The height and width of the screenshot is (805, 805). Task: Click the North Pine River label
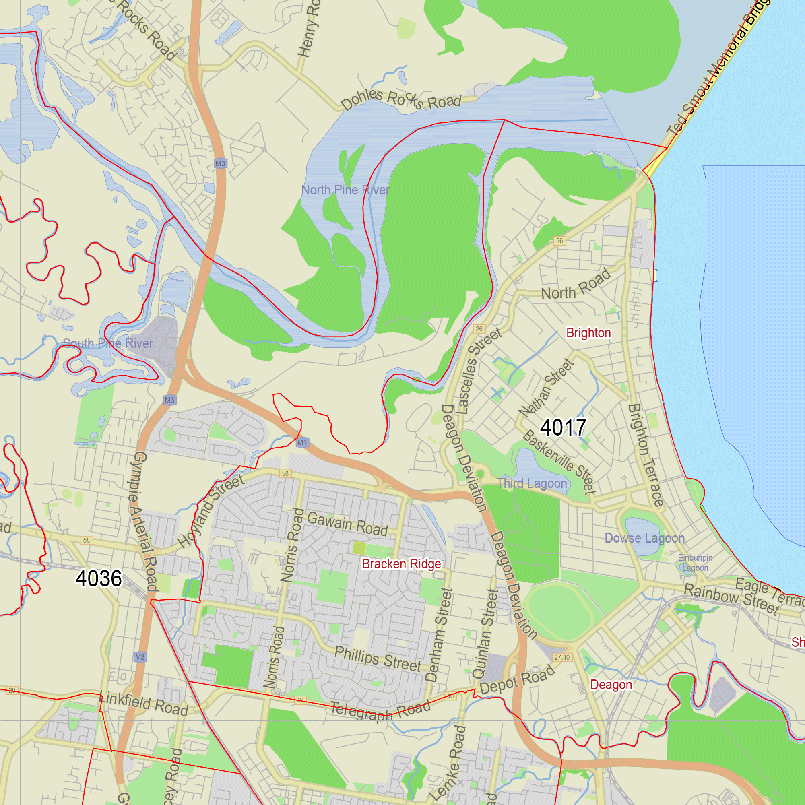pyautogui.click(x=345, y=190)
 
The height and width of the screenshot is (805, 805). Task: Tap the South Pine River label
pyautogui.click(x=108, y=343)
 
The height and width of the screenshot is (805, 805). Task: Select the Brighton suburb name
pyautogui.click(x=588, y=333)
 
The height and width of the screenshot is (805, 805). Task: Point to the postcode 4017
pyautogui.click(x=563, y=427)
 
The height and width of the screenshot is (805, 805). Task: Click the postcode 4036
pyautogui.click(x=99, y=578)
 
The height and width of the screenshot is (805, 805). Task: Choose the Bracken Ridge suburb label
pyautogui.click(x=401, y=564)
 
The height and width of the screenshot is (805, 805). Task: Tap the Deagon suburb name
pyautogui.click(x=611, y=685)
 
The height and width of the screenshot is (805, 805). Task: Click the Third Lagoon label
pyautogui.click(x=532, y=483)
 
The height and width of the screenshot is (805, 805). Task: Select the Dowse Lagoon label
pyautogui.click(x=644, y=538)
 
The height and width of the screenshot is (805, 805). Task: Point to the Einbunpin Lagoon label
pyautogui.click(x=695, y=563)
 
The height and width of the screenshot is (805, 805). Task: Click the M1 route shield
pyautogui.click(x=302, y=442)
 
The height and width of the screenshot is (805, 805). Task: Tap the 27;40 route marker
pyautogui.click(x=561, y=658)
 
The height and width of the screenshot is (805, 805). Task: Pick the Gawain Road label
pyautogui.click(x=347, y=524)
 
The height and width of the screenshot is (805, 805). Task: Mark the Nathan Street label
pyautogui.click(x=547, y=388)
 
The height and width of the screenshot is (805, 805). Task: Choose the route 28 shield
pyautogui.click(x=12, y=690)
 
